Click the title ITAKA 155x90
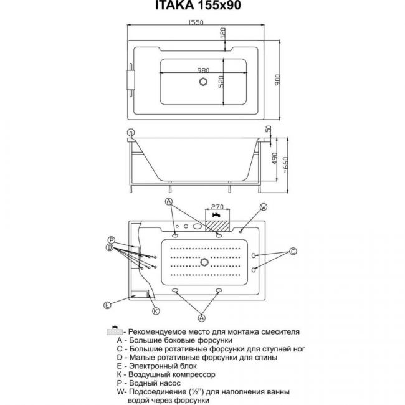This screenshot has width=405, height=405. tap(198, 6)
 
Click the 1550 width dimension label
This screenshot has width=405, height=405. tap(196, 22)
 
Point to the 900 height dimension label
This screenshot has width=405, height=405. tap(277, 80)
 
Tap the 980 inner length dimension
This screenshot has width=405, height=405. tap(203, 70)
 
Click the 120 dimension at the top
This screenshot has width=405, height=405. tap(222, 33)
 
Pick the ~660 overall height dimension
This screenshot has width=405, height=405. tap(285, 164)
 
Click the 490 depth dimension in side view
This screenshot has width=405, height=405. tap(274, 158)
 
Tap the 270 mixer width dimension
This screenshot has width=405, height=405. tap(217, 207)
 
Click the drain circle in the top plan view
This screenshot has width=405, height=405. tap(204, 82)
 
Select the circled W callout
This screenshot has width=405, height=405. tap(263, 207)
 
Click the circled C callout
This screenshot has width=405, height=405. tap(293, 251)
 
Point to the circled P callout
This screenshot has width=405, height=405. tap(112, 241)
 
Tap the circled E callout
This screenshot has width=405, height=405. tap(107, 305)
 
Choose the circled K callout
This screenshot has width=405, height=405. tap(156, 311)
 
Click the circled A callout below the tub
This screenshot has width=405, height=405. tap(202, 318)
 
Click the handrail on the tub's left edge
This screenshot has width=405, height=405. tap(131, 80)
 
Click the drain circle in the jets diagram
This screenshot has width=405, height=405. tap(204, 262)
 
